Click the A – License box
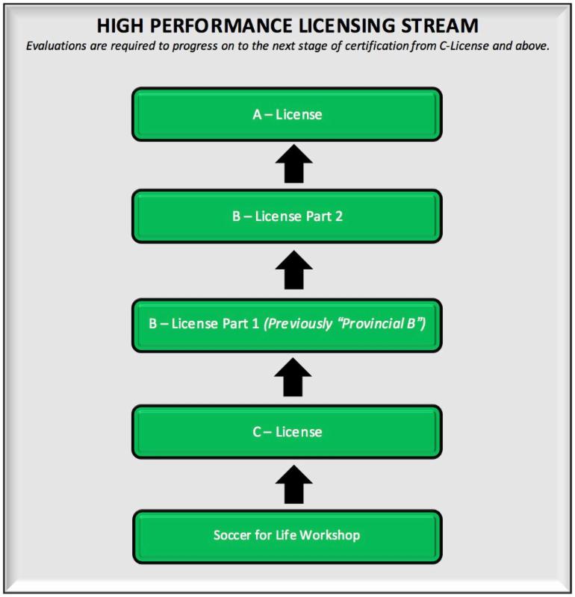(287, 114)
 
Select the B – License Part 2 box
(287, 216)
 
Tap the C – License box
(287, 432)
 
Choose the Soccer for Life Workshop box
(287, 537)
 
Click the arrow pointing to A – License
(293, 163)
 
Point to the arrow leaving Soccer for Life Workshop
(293, 484)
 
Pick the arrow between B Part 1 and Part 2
(293, 270)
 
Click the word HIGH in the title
(120, 26)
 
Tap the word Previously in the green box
(298, 324)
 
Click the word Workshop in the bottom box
(330, 535)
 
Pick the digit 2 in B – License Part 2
(338, 216)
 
